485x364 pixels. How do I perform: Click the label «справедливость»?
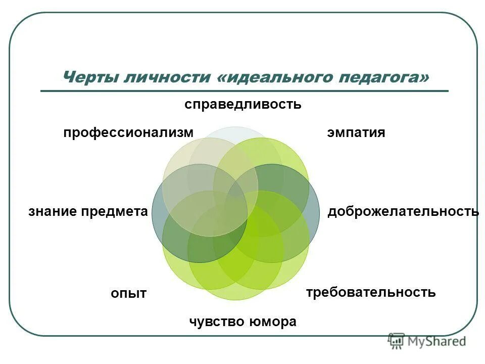(x=243, y=105)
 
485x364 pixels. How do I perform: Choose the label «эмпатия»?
(x=356, y=133)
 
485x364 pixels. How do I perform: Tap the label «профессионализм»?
(x=128, y=133)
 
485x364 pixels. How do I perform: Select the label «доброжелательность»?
(x=403, y=212)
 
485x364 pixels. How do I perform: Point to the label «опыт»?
(x=129, y=293)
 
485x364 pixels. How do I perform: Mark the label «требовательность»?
(x=371, y=292)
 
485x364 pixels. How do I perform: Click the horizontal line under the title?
(x=245, y=91)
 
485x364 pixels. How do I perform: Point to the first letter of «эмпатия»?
(x=330, y=133)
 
